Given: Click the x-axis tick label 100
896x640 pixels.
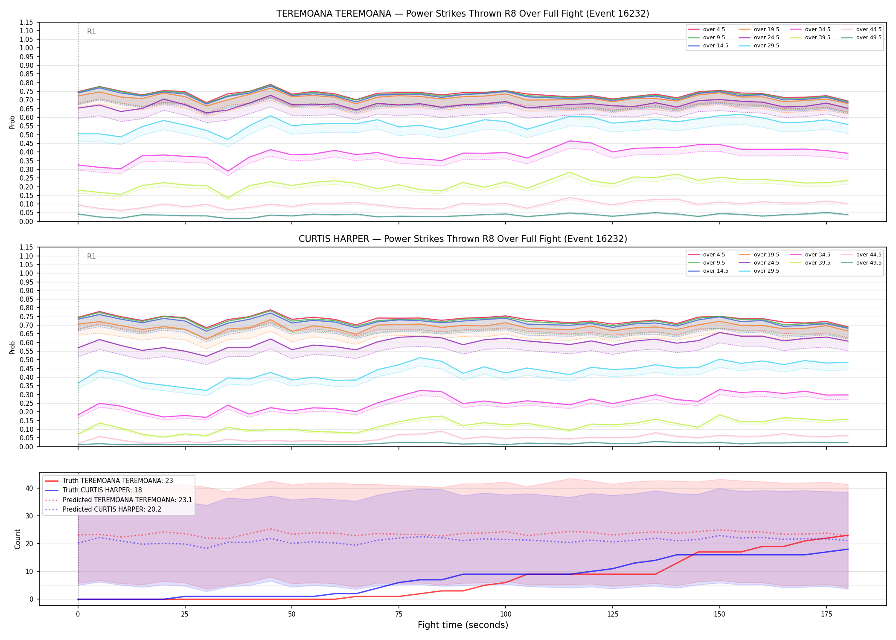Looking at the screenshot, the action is point(505,614).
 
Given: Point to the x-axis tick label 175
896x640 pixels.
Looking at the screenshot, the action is point(826,614).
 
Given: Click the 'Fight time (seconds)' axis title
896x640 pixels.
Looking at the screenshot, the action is point(463,625).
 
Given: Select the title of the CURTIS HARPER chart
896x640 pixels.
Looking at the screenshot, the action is point(463,239).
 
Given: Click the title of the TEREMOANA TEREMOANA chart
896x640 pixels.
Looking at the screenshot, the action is point(463,14).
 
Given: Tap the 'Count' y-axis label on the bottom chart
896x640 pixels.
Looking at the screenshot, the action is point(17,539).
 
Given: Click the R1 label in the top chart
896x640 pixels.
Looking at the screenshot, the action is point(91,32).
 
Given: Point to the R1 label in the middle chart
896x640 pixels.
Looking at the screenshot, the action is point(91,256).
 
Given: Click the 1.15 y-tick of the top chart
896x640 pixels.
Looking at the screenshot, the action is point(26,22).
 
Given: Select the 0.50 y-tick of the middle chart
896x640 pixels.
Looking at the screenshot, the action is point(26,360).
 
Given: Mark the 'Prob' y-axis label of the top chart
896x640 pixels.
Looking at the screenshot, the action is point(12,122).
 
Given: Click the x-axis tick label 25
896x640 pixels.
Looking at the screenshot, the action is point(185,614).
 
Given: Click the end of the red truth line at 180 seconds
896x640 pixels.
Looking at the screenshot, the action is point(848,535).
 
